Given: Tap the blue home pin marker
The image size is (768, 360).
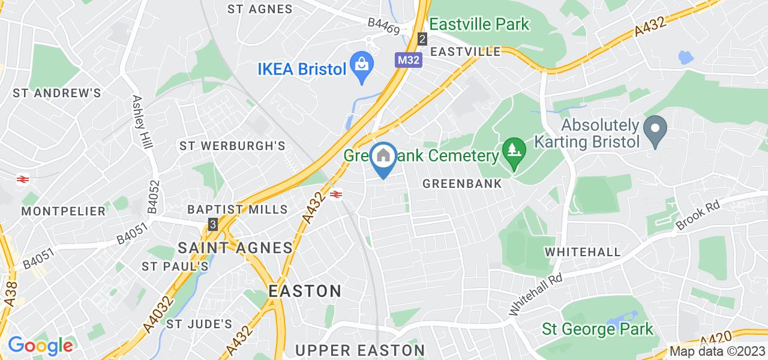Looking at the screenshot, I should point(382,158).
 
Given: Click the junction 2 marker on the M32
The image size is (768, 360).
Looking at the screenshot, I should point(422,39).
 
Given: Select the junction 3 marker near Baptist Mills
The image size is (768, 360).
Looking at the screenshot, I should point(212,224).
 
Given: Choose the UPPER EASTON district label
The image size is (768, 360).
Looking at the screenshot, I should point(360,350).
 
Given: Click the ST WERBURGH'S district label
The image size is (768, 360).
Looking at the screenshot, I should point(233,146).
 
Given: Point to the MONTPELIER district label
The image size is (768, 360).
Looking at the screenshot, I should point(64,211).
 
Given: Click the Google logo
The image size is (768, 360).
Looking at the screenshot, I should point(40,346).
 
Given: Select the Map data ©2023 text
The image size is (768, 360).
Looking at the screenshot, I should point(718,352).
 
